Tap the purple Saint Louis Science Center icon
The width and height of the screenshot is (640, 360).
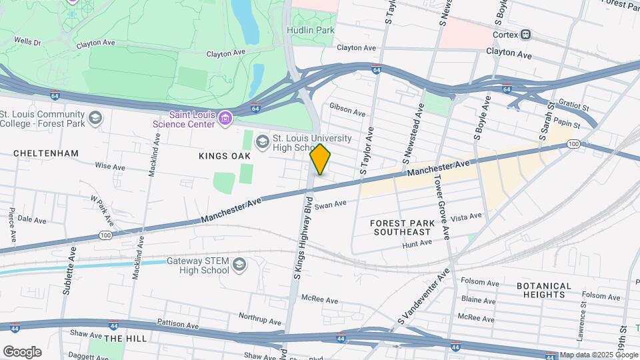tap(225, 119)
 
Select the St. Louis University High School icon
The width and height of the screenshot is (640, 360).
tap(262, 141)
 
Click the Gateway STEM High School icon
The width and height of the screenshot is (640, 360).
tap(238, 266)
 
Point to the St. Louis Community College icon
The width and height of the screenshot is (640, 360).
tap(95, 118)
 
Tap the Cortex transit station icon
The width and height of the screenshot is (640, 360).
tap(526, 34)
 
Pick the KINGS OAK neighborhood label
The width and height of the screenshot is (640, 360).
tap(224, 156)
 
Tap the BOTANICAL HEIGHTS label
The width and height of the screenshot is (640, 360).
tap(543, 291)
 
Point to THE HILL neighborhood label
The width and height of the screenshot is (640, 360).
tap(125, 339)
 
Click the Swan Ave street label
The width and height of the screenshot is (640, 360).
tap(331, 205)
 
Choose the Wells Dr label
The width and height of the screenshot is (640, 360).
tap(27, 41)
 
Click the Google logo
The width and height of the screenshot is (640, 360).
tap(22, 351)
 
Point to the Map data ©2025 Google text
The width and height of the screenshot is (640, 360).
tap(598, 355)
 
